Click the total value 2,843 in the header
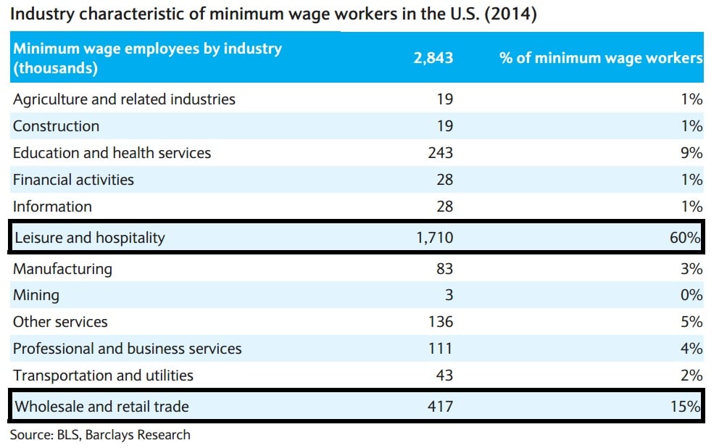pyautogui.click(x=433, y=58)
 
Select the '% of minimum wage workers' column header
pyautogui.click(x=601, y=58)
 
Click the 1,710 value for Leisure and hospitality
pyautogui.click(x=435, y=238)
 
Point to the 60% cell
pyautogui.click(x=689, y=238)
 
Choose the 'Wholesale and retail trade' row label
pyautogui.click(x=101, y=407)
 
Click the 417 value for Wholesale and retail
pyautogui.click(x=440, y=407)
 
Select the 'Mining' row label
pyautogui.click(x=36, y=296)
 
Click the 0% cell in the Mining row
pyautogui.click(x=691, y=296)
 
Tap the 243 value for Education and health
pyautogui.click(x=440, y=153)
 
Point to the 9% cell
pyautogui.click(x=691, y=153)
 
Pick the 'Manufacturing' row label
pyautogui.click(x=62, y=269)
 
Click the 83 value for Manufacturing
pyautogui.click(x=444, y=269)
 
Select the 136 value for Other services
pyautogui.click(x=440, y=322)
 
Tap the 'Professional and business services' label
pyautogui.click(x=127, y=349)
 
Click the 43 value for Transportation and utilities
pyautogui.click(x=444, y=376)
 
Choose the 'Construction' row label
pyautogui.click(x=56, y=126)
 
